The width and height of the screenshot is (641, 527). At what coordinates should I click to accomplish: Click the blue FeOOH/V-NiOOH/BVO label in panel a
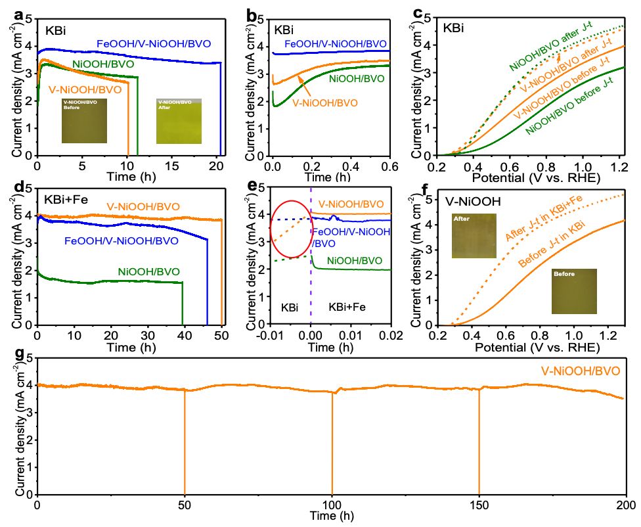tap(154, 44)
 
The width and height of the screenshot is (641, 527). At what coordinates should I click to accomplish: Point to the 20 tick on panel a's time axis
tap(217, 168)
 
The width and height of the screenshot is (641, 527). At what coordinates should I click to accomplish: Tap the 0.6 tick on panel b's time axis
tap(389, 168)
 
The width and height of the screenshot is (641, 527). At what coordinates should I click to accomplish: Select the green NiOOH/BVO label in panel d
tap(148, 271)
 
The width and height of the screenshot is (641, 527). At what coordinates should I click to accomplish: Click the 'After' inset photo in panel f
tap(469, 236)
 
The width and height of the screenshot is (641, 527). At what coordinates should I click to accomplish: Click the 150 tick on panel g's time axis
tap(479, 505)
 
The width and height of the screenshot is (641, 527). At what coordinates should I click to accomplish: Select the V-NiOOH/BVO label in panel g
tap(581, 371)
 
